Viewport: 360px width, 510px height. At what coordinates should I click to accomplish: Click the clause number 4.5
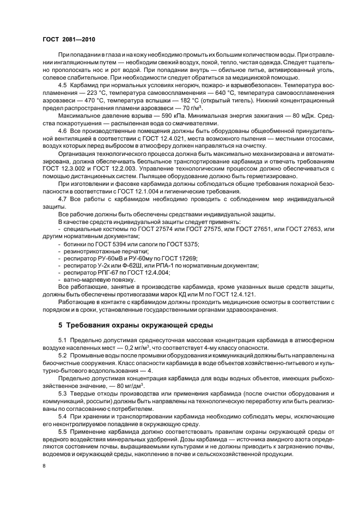63,86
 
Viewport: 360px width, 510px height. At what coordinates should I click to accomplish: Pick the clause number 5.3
63,392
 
